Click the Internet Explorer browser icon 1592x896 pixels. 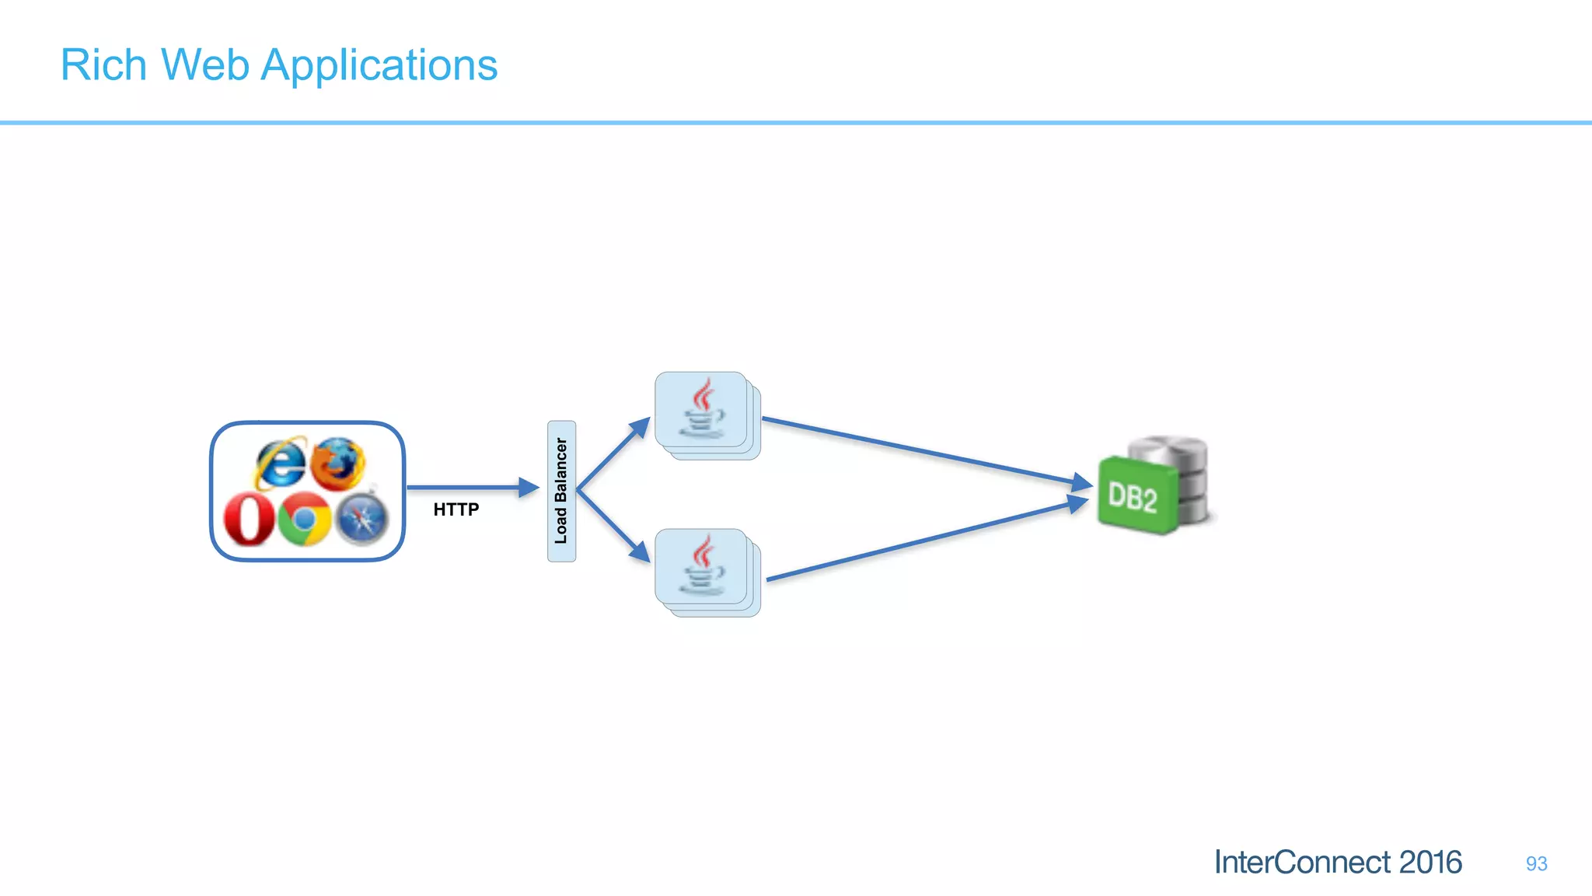click(280, 463)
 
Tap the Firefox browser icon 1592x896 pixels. click(338, 463)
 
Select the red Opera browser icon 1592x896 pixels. click(249, 520)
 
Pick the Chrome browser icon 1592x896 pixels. click(305, 518)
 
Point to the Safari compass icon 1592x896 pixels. click(362, 518)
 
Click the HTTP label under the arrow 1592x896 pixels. click(456, 509)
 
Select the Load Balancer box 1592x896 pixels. click(561, 491)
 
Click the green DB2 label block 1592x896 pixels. click(1136, 496)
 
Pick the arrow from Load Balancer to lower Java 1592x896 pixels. click(612, 527)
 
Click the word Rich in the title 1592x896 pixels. click(103, 65)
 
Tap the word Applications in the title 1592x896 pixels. click(379, 66)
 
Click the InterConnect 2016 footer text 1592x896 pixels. click(1337, 863)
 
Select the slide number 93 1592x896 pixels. click(1536, 863)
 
